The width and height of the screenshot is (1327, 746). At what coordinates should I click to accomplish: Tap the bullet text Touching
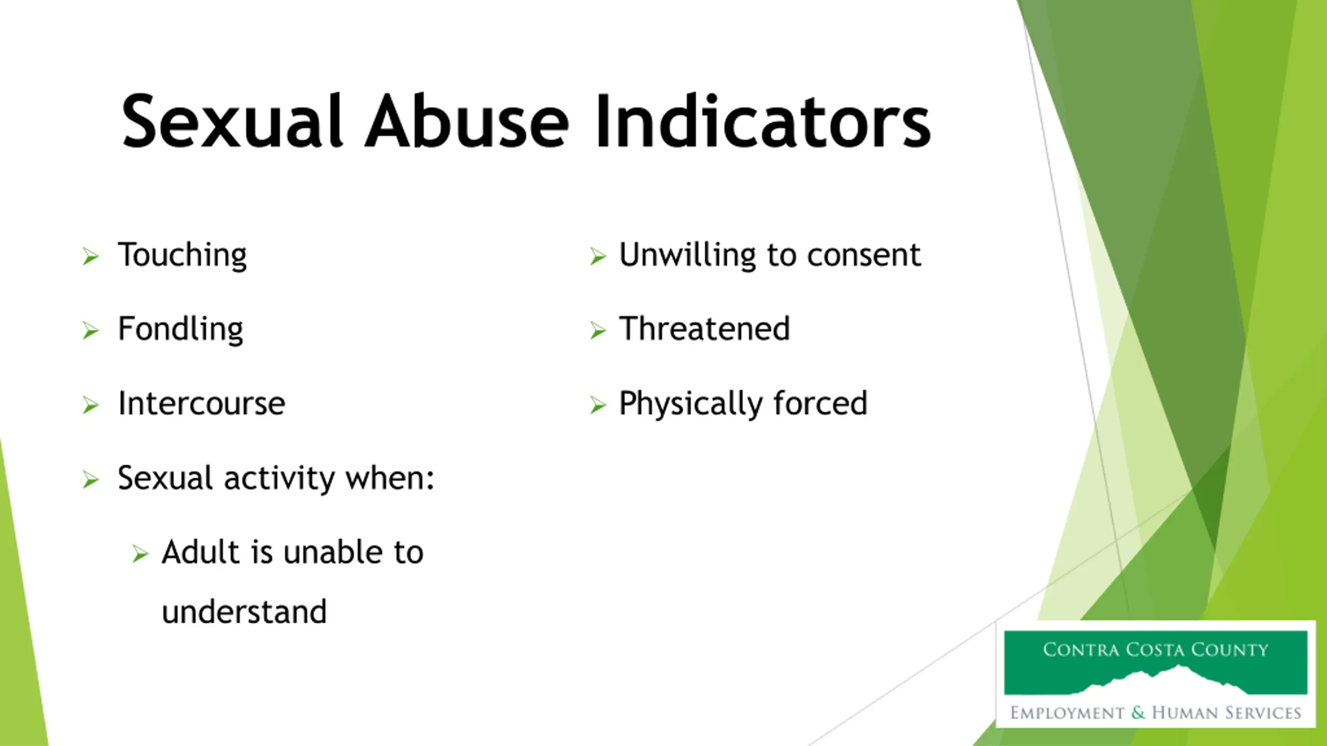click(x=182, y=255)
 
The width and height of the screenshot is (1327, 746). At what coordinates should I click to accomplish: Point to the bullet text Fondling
click(x=180, y=329)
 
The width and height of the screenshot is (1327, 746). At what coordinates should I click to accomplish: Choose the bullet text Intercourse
click(x=202, y=404)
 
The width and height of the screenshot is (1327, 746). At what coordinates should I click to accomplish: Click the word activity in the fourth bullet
click(x=279, y=478)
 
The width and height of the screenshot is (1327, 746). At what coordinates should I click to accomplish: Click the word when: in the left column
click(x=390, y=478)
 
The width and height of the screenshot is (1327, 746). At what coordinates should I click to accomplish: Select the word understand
click(x=244, y=612)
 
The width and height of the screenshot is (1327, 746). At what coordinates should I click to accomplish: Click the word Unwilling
click(x=688, y=255)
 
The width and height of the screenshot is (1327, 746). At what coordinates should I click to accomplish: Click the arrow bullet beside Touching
click(x=90, y=256)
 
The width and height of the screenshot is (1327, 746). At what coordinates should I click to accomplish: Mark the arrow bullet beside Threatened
click(x=598, y=331)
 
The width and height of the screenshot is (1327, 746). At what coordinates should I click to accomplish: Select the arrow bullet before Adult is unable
click(x=140, y=554)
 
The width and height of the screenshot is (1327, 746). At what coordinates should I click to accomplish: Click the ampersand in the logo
click(x=1138, y=713)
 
